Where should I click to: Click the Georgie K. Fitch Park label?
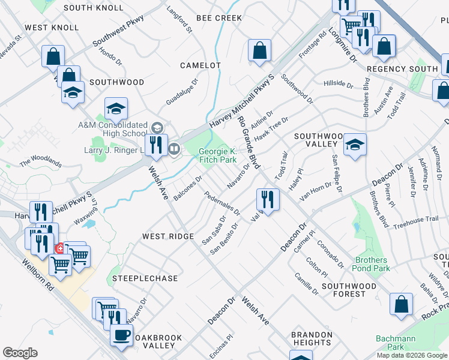(218, 157)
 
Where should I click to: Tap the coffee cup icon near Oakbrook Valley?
(122, 334)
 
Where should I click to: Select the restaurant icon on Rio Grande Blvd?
(267, 199)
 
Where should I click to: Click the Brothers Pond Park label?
(372, 264)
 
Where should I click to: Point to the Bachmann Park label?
(396, 343)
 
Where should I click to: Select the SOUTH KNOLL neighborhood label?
(94, 8)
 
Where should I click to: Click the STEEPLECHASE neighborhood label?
(145, 279)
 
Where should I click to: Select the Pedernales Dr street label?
(221, 203)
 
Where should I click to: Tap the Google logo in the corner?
(20, 353)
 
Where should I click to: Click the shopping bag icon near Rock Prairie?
(401, 304)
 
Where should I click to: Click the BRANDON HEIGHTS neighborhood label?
(311, 338)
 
